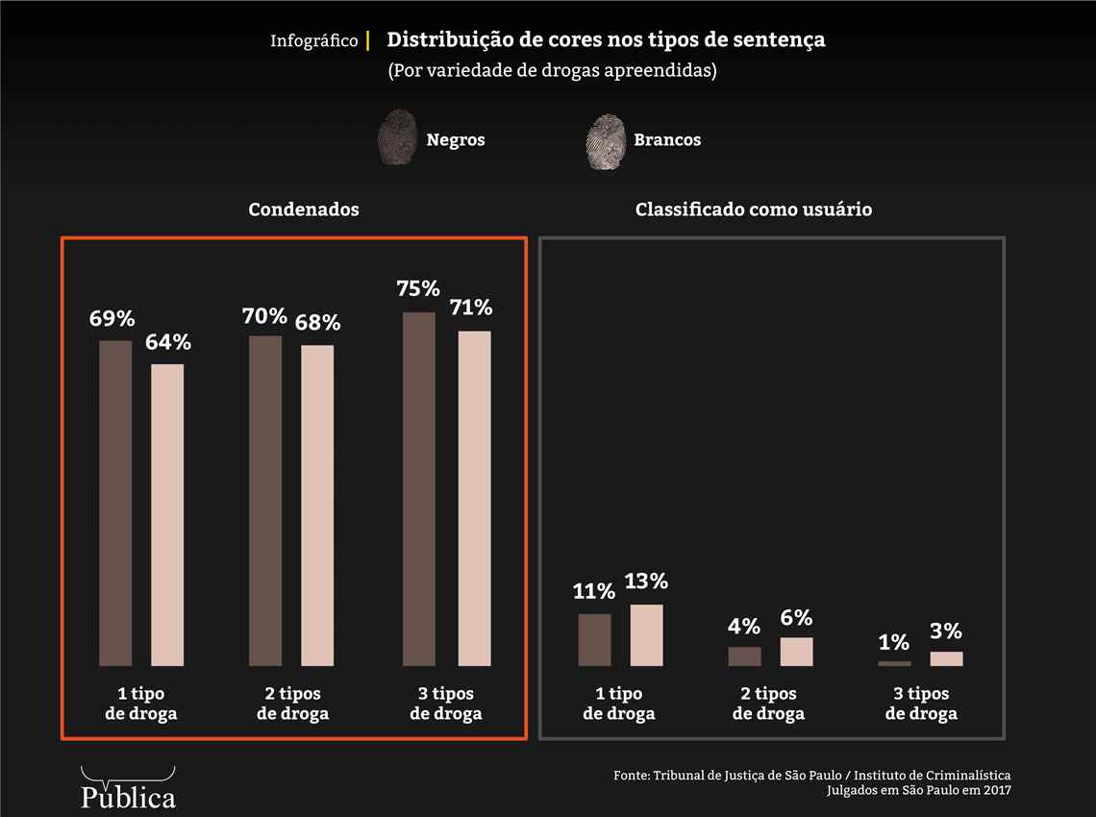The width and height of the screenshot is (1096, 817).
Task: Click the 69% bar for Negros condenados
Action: pyautogui.click(x=115, y=503)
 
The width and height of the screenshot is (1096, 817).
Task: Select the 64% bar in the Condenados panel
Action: pyautogui.click(x=167, y=514)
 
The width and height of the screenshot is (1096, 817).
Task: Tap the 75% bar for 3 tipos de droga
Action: pyautogui.click(x=419, y=488)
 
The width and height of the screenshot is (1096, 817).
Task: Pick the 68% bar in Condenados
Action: pyautogui.click(x=317, y=505)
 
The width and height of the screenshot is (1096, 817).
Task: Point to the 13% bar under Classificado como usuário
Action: pyautogui.click(x=647, y=634)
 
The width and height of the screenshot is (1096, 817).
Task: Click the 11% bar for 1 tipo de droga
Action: pyautogui.click(x=594, y=639)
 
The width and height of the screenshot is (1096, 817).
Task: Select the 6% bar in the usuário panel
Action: pyautogui.click(x=796, y=651)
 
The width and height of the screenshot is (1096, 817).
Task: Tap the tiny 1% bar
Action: pyautogui.click(x=894, y=663)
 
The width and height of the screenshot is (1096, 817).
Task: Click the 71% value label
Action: pyautogui.click(x=471, y=308)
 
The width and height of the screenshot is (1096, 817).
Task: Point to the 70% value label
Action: pyautogui.click(x=264, y=316)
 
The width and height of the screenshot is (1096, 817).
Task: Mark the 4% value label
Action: pyautogui.click(x=744, y=627)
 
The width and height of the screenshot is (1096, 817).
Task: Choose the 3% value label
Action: pyautogui.click(x=946, y=631)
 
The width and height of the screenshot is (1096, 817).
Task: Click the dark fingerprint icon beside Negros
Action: pyautogui.click(x=397, y=138)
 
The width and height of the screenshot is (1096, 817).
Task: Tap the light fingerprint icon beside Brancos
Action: pyautogui.click(x=605, y=140)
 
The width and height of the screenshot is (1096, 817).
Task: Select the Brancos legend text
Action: pyautogui.click(x=667, y=140)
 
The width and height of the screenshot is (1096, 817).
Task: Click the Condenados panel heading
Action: pyautogui.click(x=304, y=210)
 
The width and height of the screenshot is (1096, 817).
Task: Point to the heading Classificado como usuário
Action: pyautogui.click(x=754, y=210)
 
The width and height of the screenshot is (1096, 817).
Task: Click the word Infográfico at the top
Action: pyautogui.click(x=313, y=41)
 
